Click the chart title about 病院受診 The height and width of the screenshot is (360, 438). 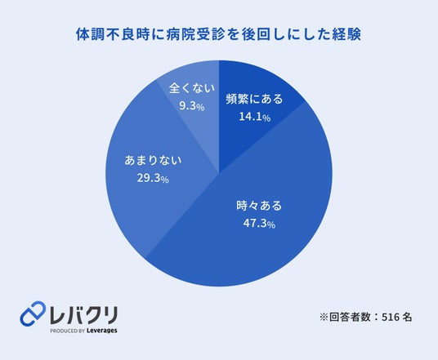[219, 34]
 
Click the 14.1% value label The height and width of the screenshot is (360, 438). [254, 117]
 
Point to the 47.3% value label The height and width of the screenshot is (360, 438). [259, 224]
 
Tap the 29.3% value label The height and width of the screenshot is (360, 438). [153, 178]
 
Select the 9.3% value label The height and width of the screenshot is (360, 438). [191, 106]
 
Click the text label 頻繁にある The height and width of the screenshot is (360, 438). [254, 99]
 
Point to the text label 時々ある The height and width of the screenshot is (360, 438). [259, 206]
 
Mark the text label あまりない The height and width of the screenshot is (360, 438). [153, 161]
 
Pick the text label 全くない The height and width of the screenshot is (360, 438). [192, 88]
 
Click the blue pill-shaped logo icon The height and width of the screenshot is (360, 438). [33, 313]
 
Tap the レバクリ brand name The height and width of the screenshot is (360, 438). [83, 315]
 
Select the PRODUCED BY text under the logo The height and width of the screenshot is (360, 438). [67, 331]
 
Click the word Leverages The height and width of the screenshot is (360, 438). [101, 331]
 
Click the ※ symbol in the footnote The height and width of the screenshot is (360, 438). [324, 318]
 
